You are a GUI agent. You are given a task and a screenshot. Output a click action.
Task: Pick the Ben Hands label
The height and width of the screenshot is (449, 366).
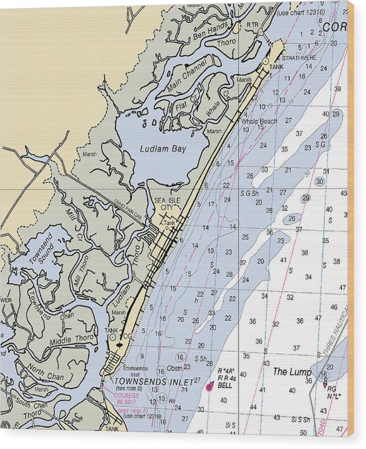(x=211, y=29)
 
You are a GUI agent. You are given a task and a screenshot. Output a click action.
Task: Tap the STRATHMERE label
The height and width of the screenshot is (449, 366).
(x=301, y=58)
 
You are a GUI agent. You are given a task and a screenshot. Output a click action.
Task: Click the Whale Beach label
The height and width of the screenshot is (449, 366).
(x=259, y=121)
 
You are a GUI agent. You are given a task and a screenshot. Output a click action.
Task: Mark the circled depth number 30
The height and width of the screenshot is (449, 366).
(x=319, y=181)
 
